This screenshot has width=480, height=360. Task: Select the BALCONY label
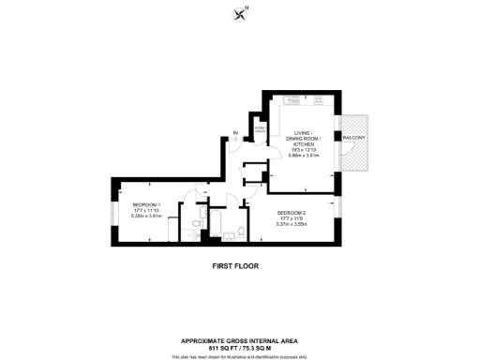pyautogui.click(x=353, y=139)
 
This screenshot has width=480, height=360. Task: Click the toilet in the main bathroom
pyautogui.click(x=242, y=232)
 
